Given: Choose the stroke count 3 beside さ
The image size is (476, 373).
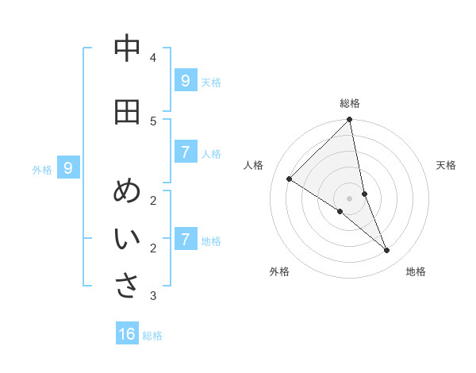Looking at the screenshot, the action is [x=153, y=296].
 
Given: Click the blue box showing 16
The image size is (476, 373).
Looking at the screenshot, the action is [x=127, y=334].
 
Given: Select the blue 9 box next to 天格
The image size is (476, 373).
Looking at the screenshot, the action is [x=185, y=81].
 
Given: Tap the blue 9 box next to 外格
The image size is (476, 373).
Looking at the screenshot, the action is [x=68, y=167].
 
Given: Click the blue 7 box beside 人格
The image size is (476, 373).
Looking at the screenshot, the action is [x=185, y=152].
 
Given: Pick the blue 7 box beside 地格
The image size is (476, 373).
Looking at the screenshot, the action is [x=185, y=239].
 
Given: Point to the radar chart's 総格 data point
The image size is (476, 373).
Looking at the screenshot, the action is [x=350, y=120].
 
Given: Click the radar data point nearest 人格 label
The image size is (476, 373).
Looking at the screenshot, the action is [x=290, y=179].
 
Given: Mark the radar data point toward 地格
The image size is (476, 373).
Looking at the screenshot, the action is [x=387, y=251].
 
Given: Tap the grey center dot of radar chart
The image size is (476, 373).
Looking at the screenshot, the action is [x=350, y=198].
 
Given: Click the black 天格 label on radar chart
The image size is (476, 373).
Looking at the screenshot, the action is [x=446, y=165].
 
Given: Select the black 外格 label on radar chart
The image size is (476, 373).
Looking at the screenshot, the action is [x=279, y=271].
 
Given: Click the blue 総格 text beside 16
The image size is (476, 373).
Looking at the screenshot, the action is [x=152, y=336].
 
